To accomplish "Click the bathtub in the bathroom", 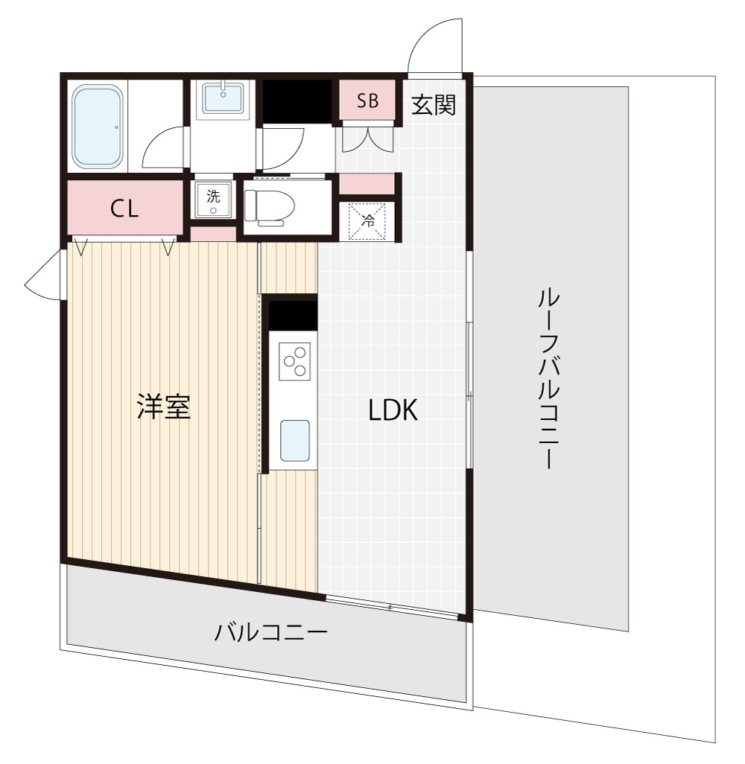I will click(x=98, y=126).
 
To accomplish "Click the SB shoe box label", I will click(x=367, y=102).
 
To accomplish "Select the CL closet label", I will click(x=124, y=209).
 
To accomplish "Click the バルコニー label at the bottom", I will click(x=271, y=634).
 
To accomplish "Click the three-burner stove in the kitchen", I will click(x=294, y=360).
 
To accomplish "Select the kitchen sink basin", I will click(x=294, y=440).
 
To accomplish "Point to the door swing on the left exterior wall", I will click(x=45, y=277).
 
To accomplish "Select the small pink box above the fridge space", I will click(x=367, y=183).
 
